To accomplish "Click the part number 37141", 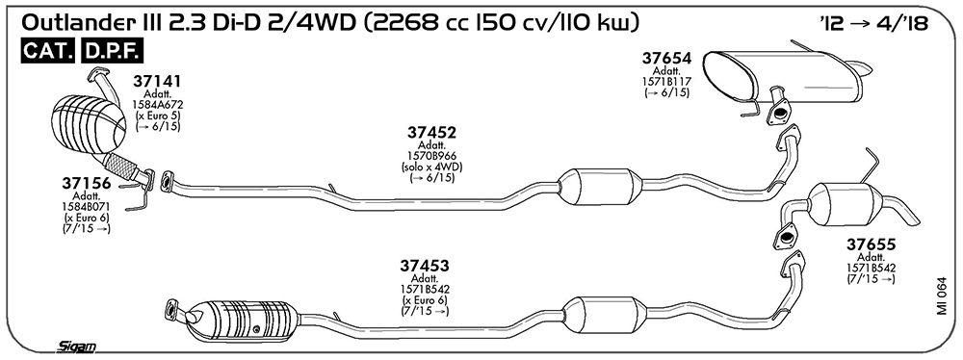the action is (x=157, y=81).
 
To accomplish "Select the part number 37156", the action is (x=86, y=183).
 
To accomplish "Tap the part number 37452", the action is (x=431, y=133).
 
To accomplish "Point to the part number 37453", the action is (x=425, y=266).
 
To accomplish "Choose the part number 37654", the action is (x=667, y=59).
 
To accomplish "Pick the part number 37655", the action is (x=872, y=244).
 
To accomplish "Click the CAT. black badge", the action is (x=48, y=52).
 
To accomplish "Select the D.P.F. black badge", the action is (x=112, y=52).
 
